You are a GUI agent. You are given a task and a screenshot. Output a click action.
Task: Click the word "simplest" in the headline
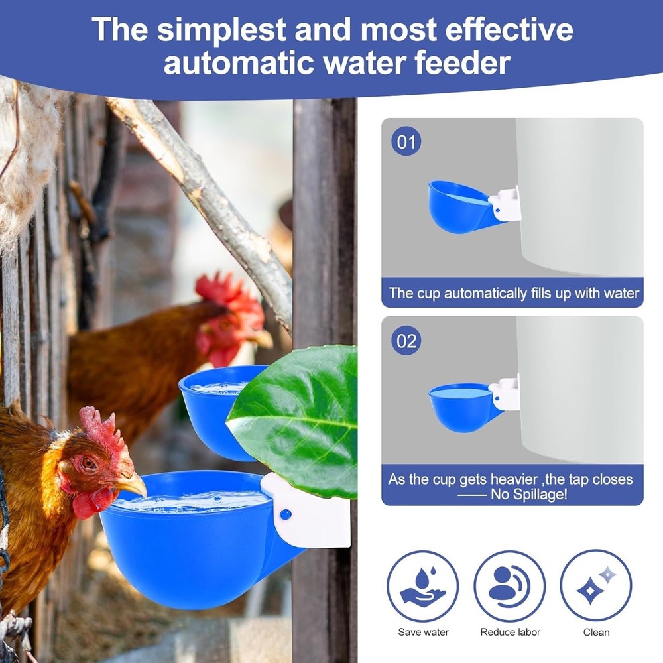tap(220, 30)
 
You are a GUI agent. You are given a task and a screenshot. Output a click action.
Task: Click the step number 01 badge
tap(406, 142)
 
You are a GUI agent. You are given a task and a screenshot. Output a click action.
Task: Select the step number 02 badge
tap(406, 341)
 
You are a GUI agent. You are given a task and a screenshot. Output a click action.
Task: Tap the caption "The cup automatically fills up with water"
tap(513, 293)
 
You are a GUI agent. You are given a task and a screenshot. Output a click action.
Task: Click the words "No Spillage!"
tap(528, 495)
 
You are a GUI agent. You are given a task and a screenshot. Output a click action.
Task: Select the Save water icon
tap(422, 585)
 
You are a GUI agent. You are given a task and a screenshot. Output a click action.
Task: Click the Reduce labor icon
tap(509, 585)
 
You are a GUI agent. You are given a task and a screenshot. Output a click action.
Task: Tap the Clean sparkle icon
tap(595, 585)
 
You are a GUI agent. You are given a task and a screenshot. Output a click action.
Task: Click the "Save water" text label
tap(423, 632)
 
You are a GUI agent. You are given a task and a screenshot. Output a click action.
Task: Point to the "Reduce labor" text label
tap(510, 632)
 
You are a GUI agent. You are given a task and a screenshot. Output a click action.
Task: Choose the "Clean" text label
tap(596, 632)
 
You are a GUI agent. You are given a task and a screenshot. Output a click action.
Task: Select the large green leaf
tap(298, 418)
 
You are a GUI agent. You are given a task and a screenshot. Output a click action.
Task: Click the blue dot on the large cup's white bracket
tap(286, 514)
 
